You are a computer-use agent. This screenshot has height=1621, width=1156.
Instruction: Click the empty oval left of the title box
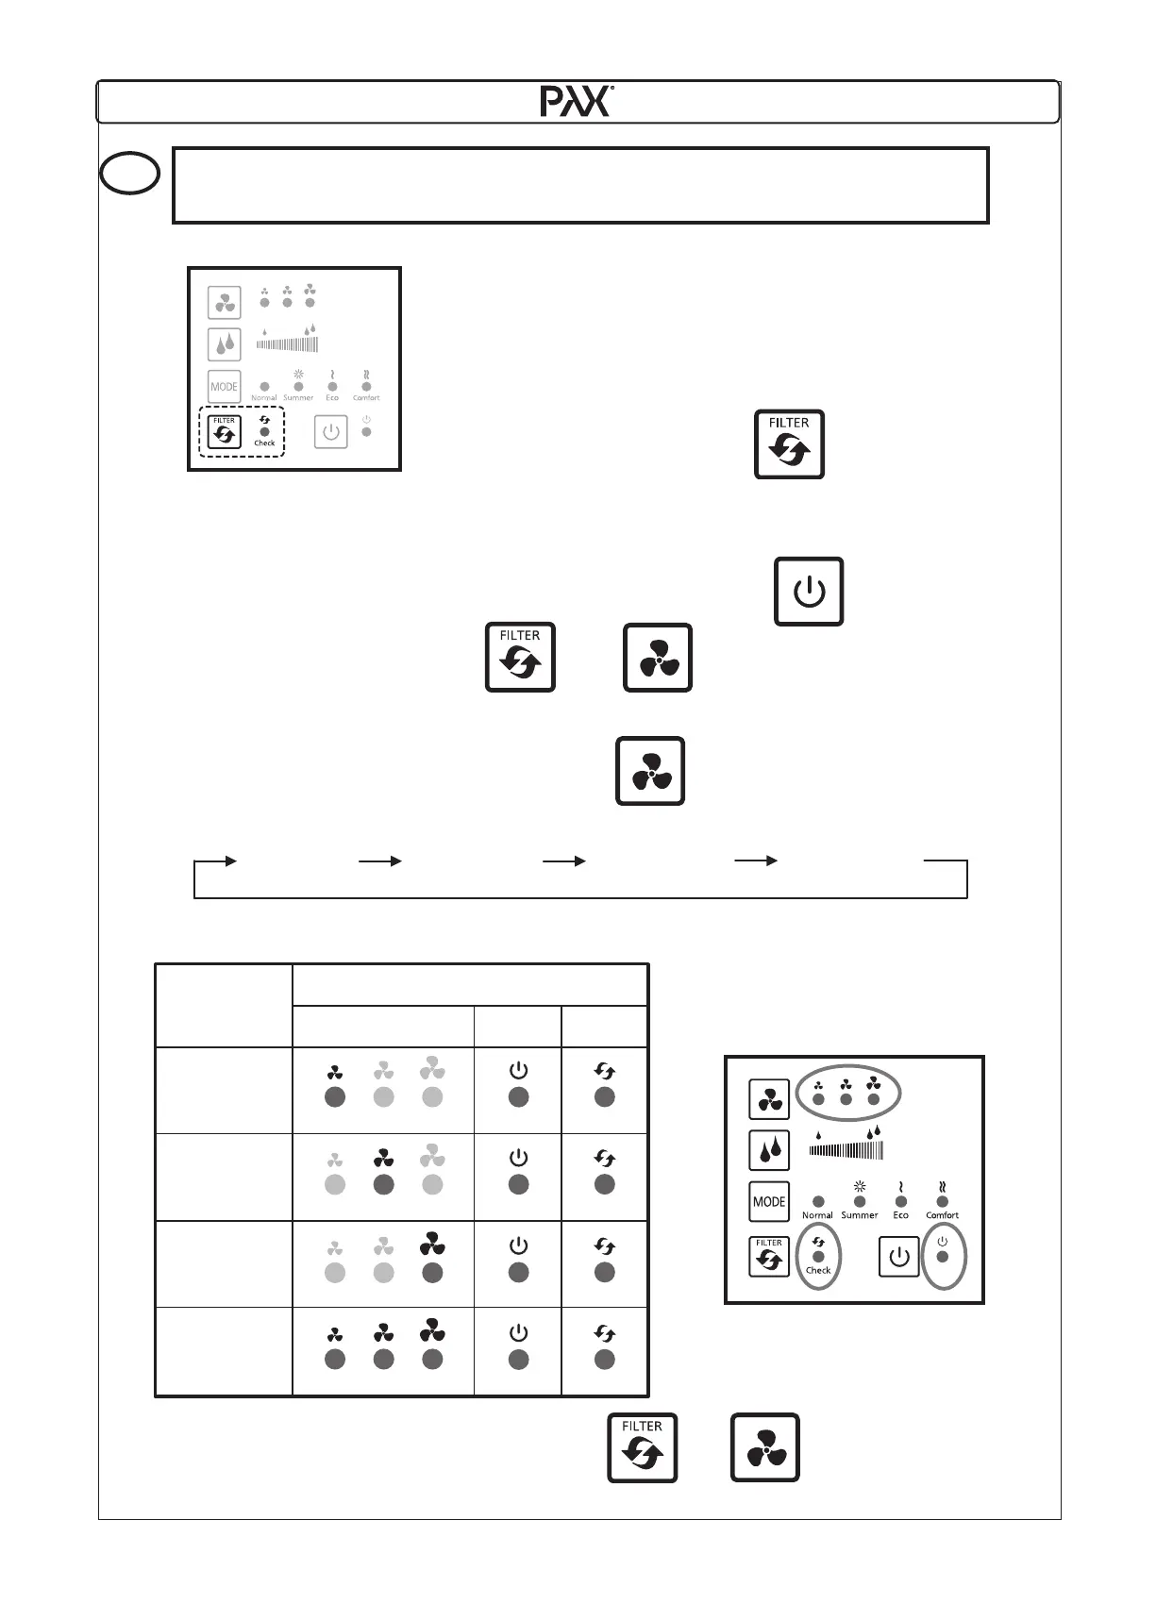click(130, 174)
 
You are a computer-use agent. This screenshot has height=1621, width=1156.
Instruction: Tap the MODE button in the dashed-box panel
click(225, 387)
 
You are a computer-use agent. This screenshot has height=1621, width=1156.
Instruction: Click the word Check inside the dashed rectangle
click(264, 443)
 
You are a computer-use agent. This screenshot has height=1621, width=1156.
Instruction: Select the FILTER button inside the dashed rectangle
click(225, 432)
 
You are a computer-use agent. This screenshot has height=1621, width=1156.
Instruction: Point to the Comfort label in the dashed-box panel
click(366, 398)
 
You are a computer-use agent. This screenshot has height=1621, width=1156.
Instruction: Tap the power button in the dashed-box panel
click(330, 432)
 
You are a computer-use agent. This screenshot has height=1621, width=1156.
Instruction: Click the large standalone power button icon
click(809, 592)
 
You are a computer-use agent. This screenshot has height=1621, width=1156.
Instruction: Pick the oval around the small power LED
click(943, 1255)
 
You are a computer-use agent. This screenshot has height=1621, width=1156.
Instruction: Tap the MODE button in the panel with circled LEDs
click(769, 1202)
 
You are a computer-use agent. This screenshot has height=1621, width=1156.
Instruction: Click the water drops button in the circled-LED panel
click(769, 1150)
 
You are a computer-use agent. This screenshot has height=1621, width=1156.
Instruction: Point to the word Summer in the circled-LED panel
click(860, 1215)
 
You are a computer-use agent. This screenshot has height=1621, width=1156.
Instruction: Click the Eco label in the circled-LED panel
click(901, 1215)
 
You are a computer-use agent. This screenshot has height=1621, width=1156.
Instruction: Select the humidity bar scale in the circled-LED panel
click(846, 1150)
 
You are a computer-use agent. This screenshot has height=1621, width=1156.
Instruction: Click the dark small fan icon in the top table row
click(335, 1073)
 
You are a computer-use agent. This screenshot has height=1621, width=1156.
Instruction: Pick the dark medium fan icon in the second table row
click(383, 1159)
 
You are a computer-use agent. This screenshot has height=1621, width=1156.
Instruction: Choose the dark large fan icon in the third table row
click(432, 1245)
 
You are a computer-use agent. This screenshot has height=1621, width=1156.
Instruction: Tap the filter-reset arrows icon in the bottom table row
click(605, 1334)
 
